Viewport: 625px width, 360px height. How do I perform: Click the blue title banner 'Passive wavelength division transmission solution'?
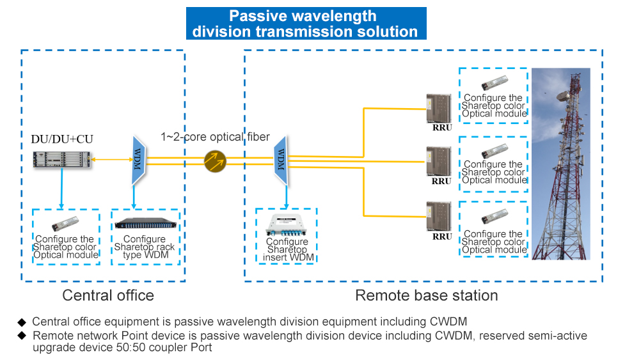(x=306, y=24)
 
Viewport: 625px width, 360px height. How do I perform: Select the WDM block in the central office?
(x=138, y=159)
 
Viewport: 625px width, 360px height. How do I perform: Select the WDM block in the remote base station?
(x=280, y=159)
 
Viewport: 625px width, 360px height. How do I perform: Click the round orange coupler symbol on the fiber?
(x=215, y=161)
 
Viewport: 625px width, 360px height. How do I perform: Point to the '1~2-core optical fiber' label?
(x=215, y=137)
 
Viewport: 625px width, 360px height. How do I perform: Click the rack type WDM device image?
(x=145, y=224)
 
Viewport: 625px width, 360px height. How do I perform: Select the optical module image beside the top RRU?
(x=493, y=84)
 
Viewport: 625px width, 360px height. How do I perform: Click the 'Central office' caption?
(x=108, y=295)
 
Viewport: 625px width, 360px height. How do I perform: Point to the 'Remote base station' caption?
(x=426, y=295)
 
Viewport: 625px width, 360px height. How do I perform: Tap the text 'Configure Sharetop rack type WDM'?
(x=145, y=247)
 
